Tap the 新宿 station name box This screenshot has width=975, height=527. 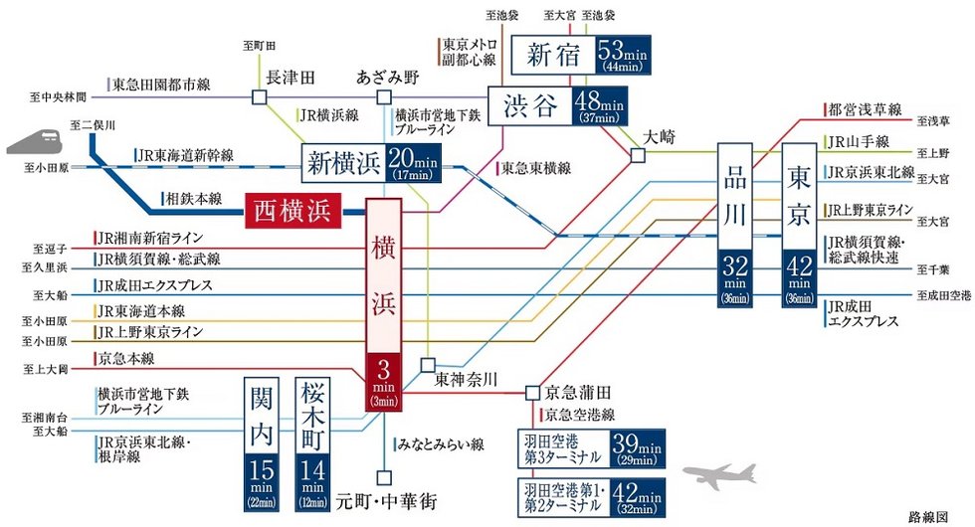551,56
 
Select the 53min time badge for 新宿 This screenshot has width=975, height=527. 626,56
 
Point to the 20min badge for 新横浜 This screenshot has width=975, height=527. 411,160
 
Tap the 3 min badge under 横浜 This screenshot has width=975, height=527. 384,381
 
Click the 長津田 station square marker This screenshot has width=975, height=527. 259,96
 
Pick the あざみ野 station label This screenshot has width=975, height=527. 389,77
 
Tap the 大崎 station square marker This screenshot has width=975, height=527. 637,154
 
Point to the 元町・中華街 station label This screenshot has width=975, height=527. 385,500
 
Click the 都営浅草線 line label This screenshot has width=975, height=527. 864,108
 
